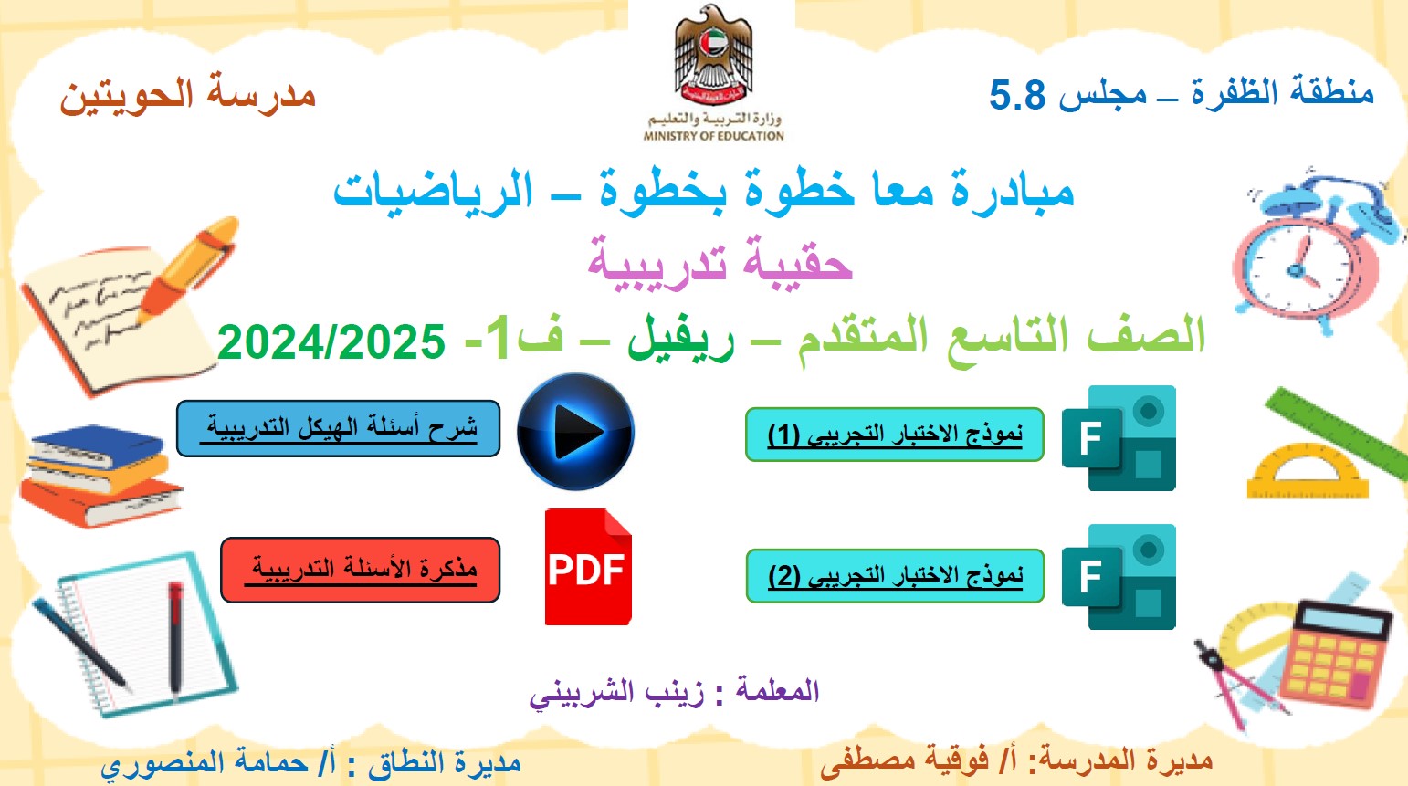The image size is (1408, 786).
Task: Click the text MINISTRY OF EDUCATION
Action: click(713, 136)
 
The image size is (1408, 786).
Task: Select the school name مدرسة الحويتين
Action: click(187, 94)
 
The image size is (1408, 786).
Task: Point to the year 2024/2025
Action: click(331, 341)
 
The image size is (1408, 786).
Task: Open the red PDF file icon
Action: click(588, 567)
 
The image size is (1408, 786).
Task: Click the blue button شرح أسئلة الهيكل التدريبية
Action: click(338, 428)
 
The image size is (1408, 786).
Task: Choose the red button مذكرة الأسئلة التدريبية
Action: click(360, 570)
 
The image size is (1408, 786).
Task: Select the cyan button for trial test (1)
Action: click(895, 435)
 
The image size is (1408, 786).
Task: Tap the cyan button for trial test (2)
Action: click(895, 575)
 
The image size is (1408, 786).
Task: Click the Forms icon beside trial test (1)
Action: click(1119, 438)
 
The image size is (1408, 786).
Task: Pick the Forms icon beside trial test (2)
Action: click(1119, 577)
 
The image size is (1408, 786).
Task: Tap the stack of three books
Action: click(100, 476)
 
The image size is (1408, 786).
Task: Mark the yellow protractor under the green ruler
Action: click(1308, 471)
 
